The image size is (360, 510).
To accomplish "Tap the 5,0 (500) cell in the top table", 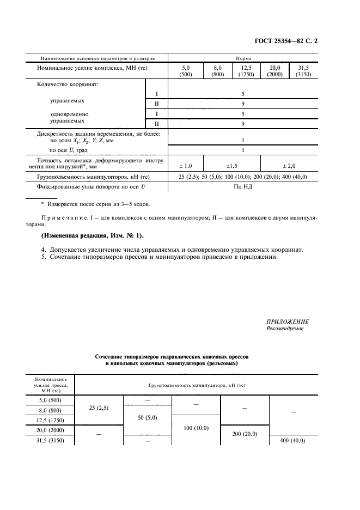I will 185,71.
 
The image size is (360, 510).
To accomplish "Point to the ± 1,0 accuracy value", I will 185,165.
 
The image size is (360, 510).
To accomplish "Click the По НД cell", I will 243,187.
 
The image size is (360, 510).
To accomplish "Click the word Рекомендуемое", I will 285,329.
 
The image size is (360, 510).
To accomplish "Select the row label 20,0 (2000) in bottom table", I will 50,430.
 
